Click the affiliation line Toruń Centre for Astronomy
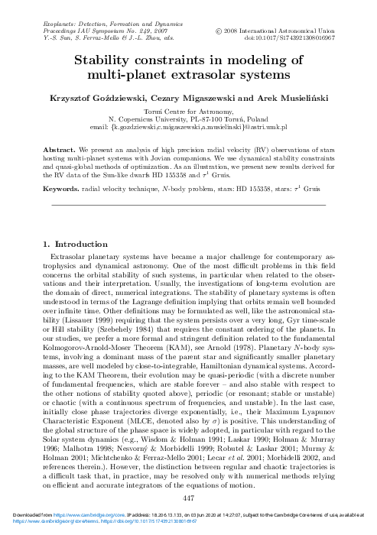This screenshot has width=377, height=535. [x=188, y=112]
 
